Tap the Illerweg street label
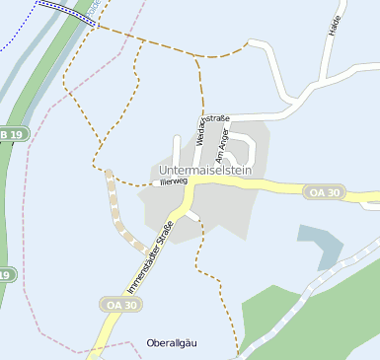[173, 181]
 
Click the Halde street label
[333, 22]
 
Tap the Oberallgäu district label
[173, 342]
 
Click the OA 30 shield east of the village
[323, 191]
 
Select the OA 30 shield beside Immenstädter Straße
[118, 305]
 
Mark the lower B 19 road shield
[5, 275]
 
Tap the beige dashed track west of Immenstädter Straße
[119, 213]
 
